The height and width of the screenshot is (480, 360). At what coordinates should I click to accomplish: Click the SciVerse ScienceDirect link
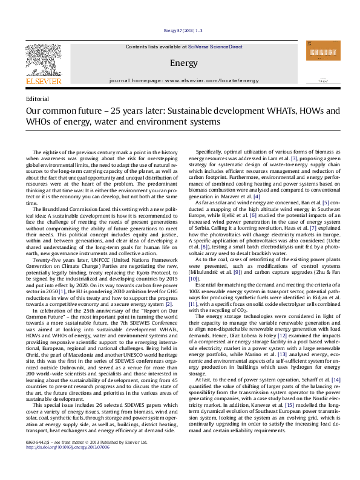click(215, 47)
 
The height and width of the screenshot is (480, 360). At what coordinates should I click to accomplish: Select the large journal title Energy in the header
click(180, 63)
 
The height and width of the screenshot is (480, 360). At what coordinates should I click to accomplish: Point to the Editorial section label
click(38, 99)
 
